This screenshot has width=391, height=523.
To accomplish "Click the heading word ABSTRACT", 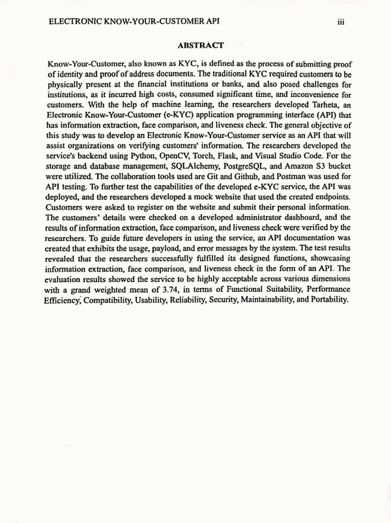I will [200, 45].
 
